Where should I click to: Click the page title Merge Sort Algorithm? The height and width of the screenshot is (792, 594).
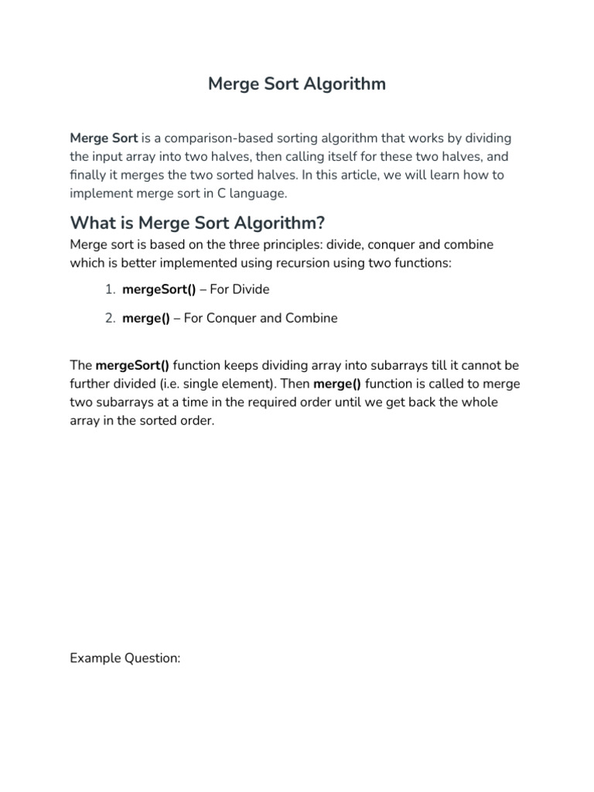pyautogui.click(x=296, y=84)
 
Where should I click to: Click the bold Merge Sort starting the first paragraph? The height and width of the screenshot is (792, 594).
pyautogui.click(x=104, y=138)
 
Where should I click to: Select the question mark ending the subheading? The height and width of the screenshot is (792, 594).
pyautogui.click(x=321, y=224)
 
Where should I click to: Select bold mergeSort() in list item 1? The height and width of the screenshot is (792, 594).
pyautogui.click(x=159, y=290)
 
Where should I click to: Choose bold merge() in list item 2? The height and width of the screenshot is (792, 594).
pyautogui.click(x=145, y=318)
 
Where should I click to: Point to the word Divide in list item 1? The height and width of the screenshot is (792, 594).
pyautogui.click(x=250, y=290)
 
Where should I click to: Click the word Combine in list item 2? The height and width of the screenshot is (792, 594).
pyautogui.click(x=312, y=318)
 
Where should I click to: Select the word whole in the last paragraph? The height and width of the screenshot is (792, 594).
pyautogui.click(x=476, y=403)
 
